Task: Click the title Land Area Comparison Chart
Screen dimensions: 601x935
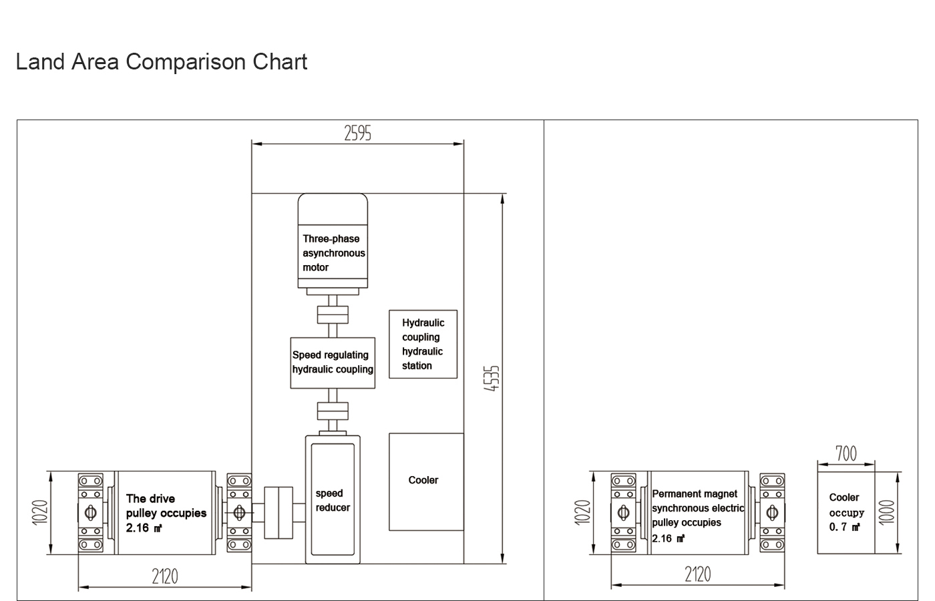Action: coord(161,62)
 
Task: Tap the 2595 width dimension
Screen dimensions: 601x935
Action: coord(357,134)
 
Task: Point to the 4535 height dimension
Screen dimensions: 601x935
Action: coord(492,378)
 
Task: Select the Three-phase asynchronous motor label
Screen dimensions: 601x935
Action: coord(333,253)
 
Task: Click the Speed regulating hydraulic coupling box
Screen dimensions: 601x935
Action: coord(333,362)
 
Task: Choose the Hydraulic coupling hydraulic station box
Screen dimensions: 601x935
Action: coord(423,344)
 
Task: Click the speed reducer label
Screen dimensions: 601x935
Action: coord(333,500)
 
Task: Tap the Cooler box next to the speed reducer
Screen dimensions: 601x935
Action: coord(426,481)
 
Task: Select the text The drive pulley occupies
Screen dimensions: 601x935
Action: coord(166,513)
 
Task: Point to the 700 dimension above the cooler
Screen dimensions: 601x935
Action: coord(846,454)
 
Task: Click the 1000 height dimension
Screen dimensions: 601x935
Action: coord(886,513)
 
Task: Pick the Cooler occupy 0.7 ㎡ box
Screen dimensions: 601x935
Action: coord(846,512)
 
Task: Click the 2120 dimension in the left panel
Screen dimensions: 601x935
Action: coord(165,576)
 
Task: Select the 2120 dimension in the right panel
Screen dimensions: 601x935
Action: coord(697,574)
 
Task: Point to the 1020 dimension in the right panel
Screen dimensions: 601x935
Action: coord(583,513)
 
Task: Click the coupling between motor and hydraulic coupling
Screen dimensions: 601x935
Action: coord(333,315)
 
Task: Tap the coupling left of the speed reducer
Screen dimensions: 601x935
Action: coord(278,513)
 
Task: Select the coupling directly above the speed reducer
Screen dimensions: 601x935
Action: coord(333,411)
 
